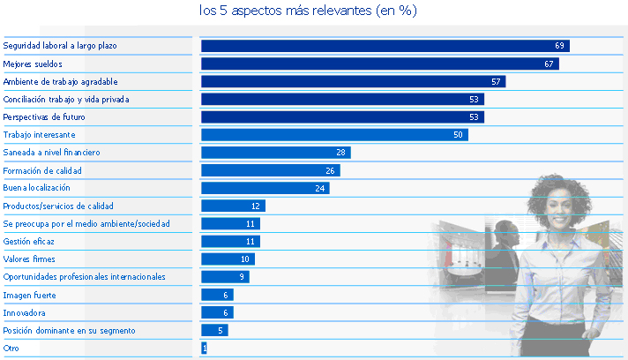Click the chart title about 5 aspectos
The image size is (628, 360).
(x=309, y=11)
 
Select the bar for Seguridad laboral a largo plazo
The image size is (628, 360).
(x=385, y=46)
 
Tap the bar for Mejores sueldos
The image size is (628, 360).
(x=379, y=64)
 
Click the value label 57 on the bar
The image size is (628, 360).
(x=497, y=82)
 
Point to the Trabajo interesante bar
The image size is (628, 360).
(x=334, y=135)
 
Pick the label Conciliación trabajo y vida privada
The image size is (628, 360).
(x=66, y=100)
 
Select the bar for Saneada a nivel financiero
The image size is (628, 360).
(x=275, y=153)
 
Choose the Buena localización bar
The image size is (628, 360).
(x=265, y=188)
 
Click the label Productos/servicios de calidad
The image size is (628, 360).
(x=58, y=206)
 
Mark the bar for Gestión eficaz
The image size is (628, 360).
(x=230, y=242)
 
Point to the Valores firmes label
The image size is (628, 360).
(x=29, y=259)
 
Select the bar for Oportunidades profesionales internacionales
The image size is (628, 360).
(x=225, y=277)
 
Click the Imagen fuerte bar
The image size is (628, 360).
(x=217, y=295)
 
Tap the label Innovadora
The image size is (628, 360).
(x=25, y=313)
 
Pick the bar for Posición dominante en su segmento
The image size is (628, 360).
(x=214, y=331)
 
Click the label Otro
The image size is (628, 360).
(x=11, y=349)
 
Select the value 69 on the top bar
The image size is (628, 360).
(x=559, y=46)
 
